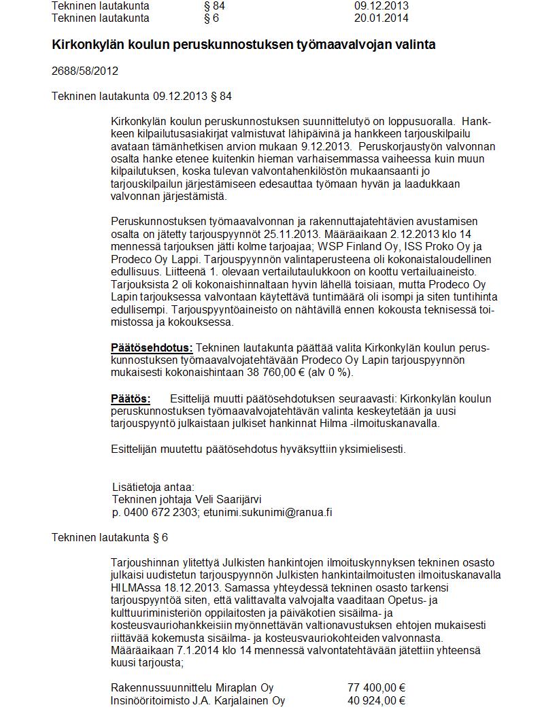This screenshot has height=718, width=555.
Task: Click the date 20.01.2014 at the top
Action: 381,18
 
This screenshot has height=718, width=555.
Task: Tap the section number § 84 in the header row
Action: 214,6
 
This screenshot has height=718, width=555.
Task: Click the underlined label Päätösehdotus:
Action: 152,348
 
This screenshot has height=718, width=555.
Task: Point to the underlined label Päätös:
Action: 131,398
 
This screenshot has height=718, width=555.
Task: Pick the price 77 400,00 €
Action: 376,688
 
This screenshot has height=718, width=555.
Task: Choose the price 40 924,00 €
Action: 376,701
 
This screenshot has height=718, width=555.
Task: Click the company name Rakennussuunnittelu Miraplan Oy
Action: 192,688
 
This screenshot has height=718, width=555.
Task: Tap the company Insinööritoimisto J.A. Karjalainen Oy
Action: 198,701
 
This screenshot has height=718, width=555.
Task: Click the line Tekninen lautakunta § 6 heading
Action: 110,538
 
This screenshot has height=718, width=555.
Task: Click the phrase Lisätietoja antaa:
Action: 153,487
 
